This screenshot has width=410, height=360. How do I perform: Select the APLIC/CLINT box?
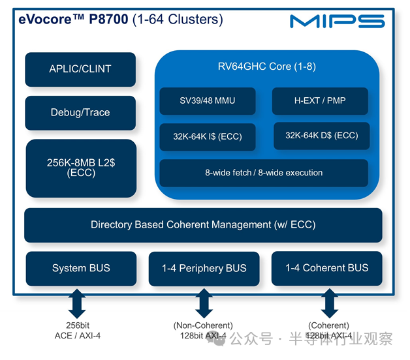click(80, 69)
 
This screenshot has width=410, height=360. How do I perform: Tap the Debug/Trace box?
click(80, 113)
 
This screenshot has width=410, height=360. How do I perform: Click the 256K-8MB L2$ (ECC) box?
click(80, 168)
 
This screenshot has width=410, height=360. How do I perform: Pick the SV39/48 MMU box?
click(206, 100)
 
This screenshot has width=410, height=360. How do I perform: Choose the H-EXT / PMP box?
click(319, 100)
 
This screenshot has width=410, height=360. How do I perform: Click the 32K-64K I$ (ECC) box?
click(206, 137)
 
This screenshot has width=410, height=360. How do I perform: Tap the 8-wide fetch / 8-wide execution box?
click(264, 173)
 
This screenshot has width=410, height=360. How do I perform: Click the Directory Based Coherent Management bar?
click(203, 225)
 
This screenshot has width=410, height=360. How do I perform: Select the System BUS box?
click(81, 268)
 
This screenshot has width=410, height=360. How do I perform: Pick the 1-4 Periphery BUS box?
click(204, 269)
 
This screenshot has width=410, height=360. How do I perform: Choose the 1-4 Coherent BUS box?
click(326, 268)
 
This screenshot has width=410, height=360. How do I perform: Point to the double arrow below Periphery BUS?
click(204, 303)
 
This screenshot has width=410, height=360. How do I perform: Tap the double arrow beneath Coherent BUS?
click(328, 303)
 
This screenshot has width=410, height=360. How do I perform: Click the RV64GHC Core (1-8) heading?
click(266, 67)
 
